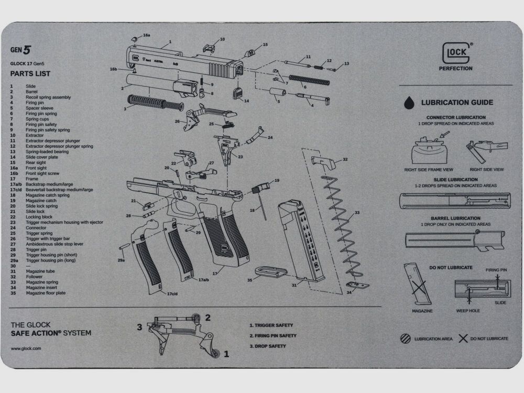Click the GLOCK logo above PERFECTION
click(455, 52)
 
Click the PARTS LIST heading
click(30, 73)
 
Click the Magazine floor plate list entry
click(46, 293)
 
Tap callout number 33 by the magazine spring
click(357, 213)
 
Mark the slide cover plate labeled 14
click(237, 94)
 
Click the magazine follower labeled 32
click(323, 161)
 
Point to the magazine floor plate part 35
click(270, 271)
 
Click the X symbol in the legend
click(463, 339)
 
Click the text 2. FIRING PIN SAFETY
click(272, 335)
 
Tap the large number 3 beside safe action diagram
click(140, 327)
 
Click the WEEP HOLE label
click(467, 311)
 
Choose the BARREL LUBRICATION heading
click(455, 218)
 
